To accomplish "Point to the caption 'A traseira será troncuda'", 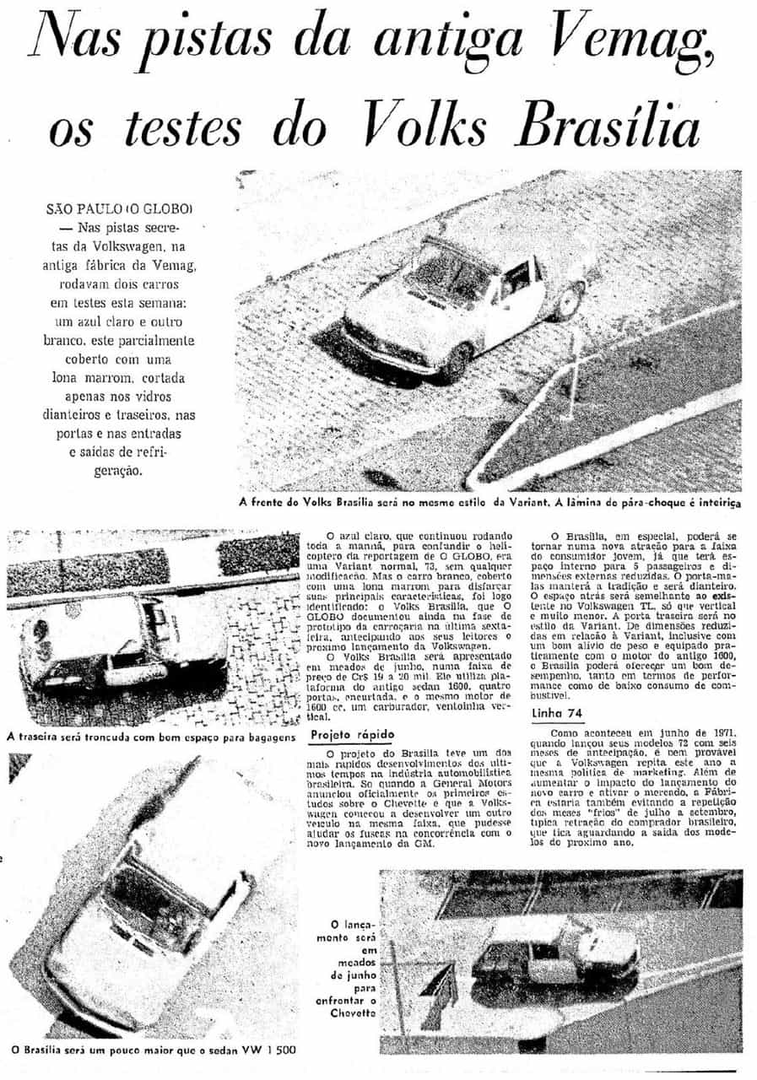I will coord(150,737).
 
